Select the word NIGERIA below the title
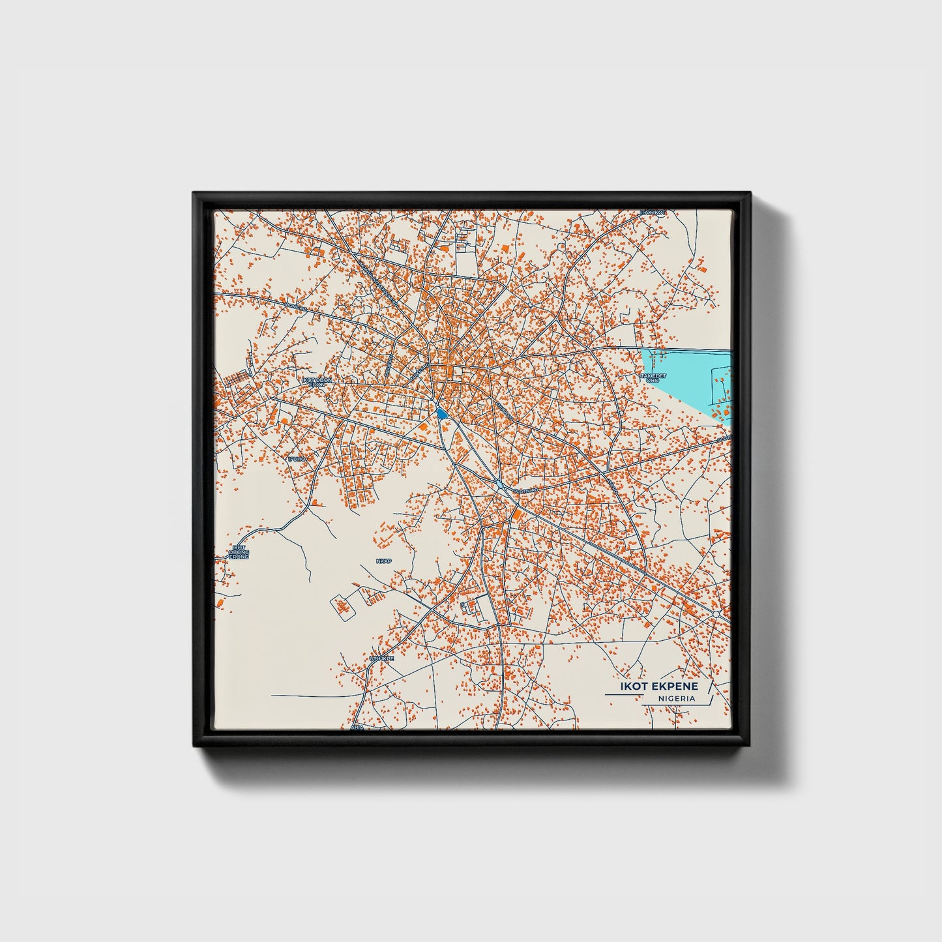click(x=676, y=699)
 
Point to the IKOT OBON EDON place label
click(x=317, y=382)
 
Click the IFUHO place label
click(x=297, y=459)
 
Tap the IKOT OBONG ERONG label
click(x=239, y=552)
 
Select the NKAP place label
click(x=384, y=561)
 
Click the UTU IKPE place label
click(x=381, y=659)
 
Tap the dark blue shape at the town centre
click(x=441, y=413)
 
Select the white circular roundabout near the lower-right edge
click(x=716, y=614)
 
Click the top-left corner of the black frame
click(x=195, y=195)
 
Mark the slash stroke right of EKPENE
click(x=709, y=686)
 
